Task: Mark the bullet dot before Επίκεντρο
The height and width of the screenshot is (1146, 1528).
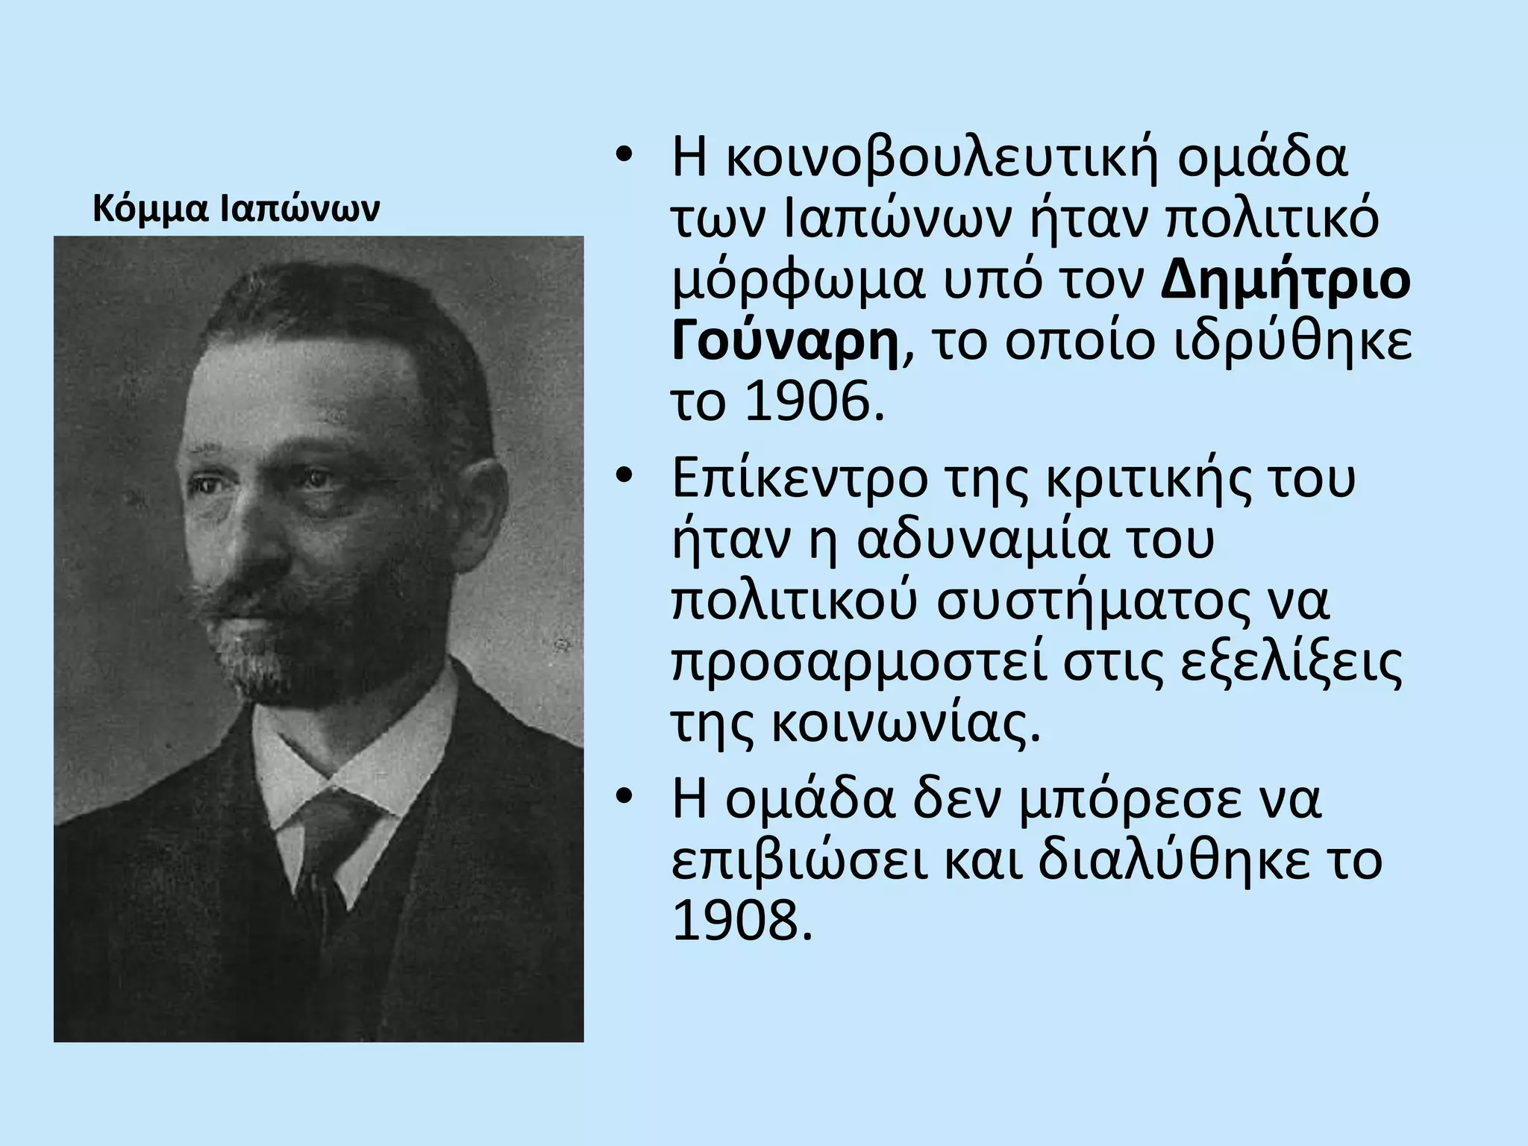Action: [624, 475]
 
